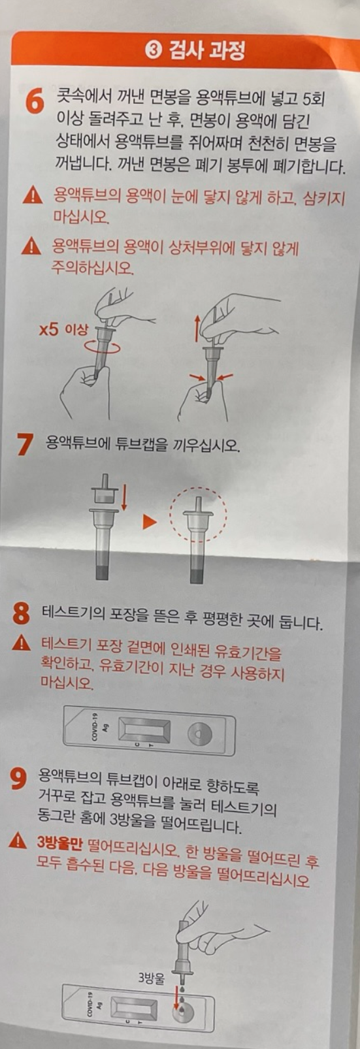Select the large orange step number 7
point(25,444)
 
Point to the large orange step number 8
point(22,613)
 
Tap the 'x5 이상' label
point(63,330)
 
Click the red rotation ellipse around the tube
point(100,347)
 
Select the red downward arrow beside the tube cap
point(124,498)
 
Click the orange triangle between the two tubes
point(149,522)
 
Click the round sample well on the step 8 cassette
point(200,734)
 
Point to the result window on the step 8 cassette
point(144,730)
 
